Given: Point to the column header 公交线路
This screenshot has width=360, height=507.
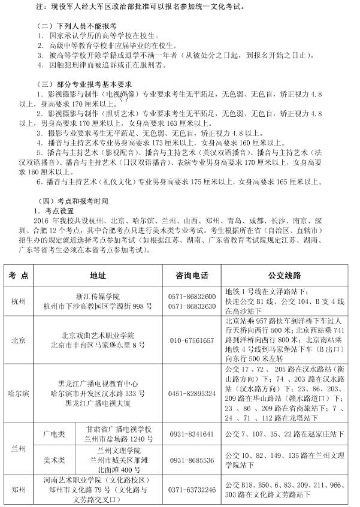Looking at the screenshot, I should (x=288, y=274).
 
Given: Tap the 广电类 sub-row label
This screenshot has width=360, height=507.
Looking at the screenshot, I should (x=53, y=433).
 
